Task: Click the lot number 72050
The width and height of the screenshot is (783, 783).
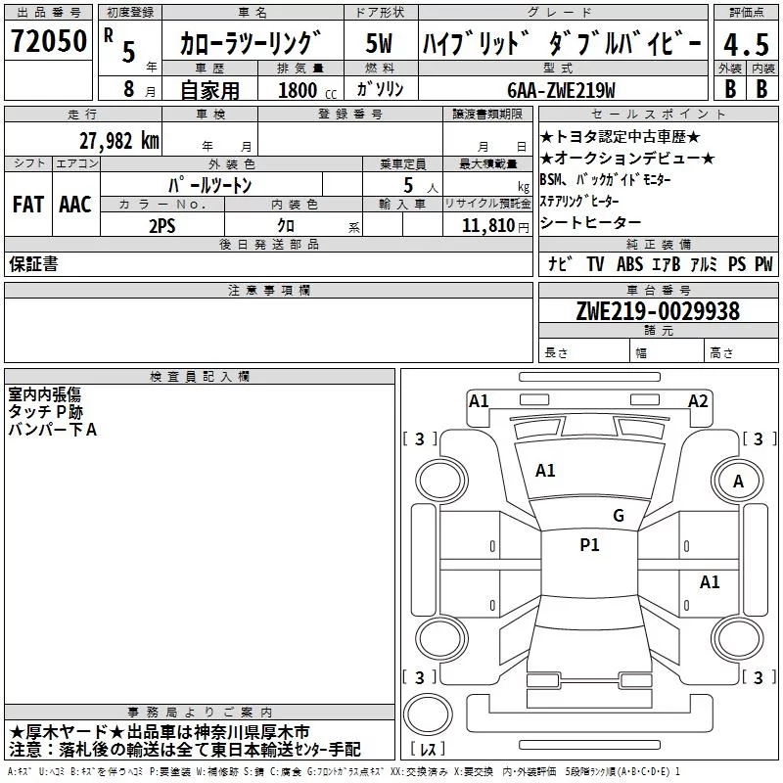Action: tap(48, 41)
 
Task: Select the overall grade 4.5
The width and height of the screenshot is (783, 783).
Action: tap(746, 45)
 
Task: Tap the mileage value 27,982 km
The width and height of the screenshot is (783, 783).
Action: tap(119, 141)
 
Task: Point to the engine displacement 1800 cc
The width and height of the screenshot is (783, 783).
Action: tap(307, 91)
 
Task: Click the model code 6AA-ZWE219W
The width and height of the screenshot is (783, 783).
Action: tap(561, 90)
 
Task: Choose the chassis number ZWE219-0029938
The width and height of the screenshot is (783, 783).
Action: tap(658, 311)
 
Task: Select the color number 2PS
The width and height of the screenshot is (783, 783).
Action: tap(162, 226)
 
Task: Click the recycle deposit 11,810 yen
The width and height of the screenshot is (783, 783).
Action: tap(495, 226)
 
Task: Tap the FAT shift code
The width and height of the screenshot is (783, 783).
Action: tap(28, 205)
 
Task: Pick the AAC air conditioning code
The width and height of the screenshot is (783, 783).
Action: tap(75, 205)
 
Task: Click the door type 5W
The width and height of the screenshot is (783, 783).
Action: tap(379, 43)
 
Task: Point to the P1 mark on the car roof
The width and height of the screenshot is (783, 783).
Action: tap(589, 544)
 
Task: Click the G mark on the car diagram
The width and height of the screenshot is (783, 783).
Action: tap(619, 516)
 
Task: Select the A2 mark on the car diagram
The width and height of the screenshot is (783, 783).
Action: tap(698, 401)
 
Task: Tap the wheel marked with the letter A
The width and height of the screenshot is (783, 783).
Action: tap(738, 481)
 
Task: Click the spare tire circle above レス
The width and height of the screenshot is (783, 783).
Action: tap(428, 714)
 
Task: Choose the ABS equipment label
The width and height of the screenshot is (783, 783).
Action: tap(629, 264)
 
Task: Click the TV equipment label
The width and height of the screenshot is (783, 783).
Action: tap(595, 264)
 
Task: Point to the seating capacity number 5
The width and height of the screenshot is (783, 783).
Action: tap(408, 185)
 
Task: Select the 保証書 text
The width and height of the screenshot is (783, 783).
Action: tap(33, 263)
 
